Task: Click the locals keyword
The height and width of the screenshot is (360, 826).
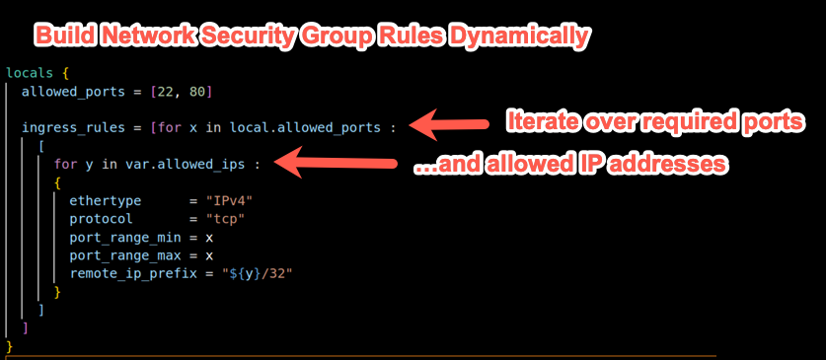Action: pyautogui.click(x=29, y=73)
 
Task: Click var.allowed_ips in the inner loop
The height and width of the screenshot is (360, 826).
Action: pyautogui.click(x=182, y=164)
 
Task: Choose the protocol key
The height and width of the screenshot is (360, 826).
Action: pyautogui.click(x=102, y=218)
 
